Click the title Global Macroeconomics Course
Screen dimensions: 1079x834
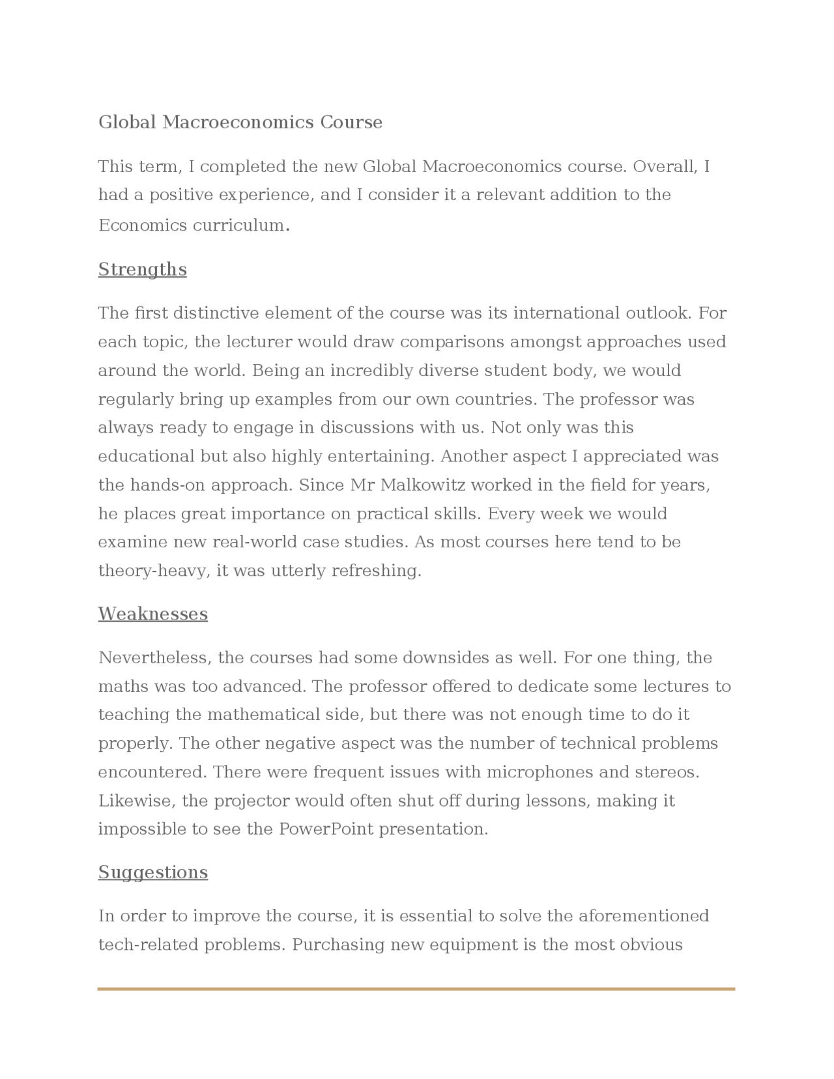pyautogui.click(x=240, y=122)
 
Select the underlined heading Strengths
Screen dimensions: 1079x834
pyautogui.click(x=142, y=270)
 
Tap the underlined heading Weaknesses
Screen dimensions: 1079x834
pyautogui.click(x=152, y=614)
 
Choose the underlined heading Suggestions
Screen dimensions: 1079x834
pyautogui.click(x=152, y=872)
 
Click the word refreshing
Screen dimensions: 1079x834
pyautogui.click(x=376, y=571)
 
